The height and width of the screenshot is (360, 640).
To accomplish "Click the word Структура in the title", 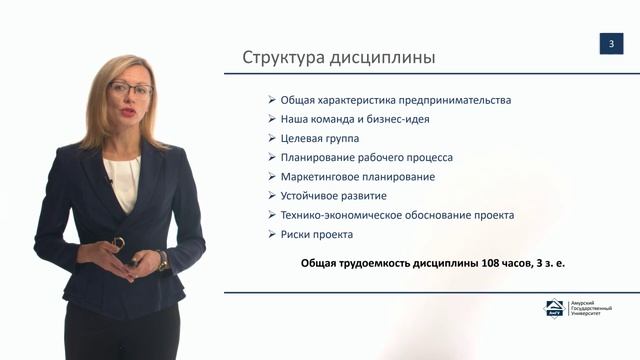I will (x=282, y=57).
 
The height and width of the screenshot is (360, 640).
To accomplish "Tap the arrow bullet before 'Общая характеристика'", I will (x=272, y=100).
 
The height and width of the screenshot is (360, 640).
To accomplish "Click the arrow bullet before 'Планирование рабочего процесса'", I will (x=272, y=158).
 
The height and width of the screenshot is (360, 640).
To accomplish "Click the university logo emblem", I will (x=553, y=310).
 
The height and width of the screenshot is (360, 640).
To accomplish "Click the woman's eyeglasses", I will (x=130, y=90).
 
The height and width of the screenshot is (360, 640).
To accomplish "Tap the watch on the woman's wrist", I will (x=162, y=259).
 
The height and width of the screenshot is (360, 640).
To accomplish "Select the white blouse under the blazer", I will (x=123, y=180).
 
